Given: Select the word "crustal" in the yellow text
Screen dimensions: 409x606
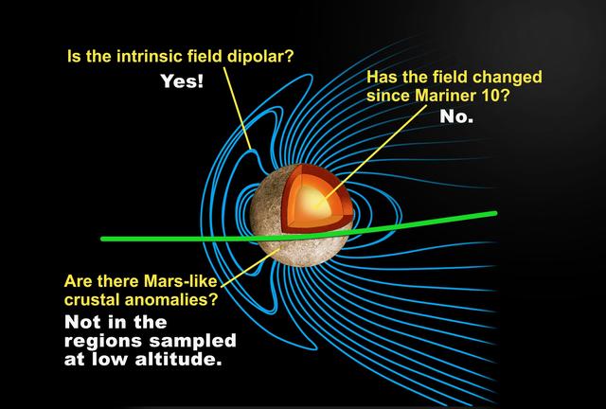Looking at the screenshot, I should [x=92, y=300].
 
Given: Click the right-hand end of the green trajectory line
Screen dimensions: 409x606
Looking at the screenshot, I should [x=493, y=213].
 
